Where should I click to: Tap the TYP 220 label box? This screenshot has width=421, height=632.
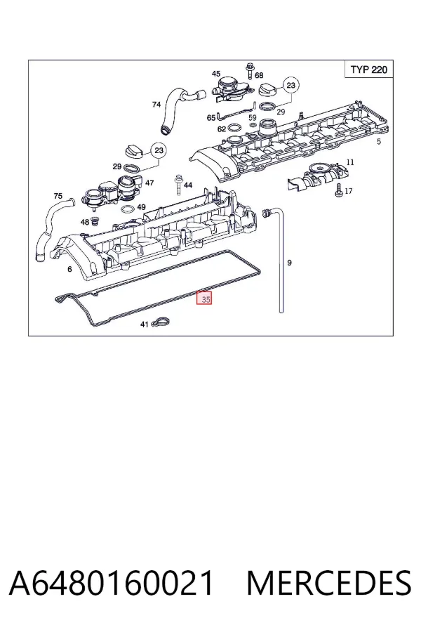point(368,70)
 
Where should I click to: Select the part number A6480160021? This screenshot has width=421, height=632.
point(111,583)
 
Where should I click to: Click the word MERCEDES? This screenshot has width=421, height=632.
point(329,583)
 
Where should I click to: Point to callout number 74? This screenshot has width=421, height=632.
point(156,105)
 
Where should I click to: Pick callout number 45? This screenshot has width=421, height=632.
point(216,74)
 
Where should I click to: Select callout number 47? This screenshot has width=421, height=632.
point(149,183)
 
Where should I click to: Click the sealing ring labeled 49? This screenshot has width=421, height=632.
point(127,209)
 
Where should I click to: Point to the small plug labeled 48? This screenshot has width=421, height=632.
point(95,221)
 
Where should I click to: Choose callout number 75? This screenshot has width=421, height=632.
point(58,196)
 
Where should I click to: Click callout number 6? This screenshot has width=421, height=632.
point(69,269)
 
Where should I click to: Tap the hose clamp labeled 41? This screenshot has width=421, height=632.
point(161,322)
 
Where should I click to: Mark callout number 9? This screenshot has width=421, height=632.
point(289,263)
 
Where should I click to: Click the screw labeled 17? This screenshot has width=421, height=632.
point(339,190)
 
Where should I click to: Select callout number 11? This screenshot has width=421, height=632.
point(350,162)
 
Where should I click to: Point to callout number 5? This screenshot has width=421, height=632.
point(378,141)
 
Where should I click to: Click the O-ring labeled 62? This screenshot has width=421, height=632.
point(234,129)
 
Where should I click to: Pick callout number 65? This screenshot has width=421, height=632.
point(211,118)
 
